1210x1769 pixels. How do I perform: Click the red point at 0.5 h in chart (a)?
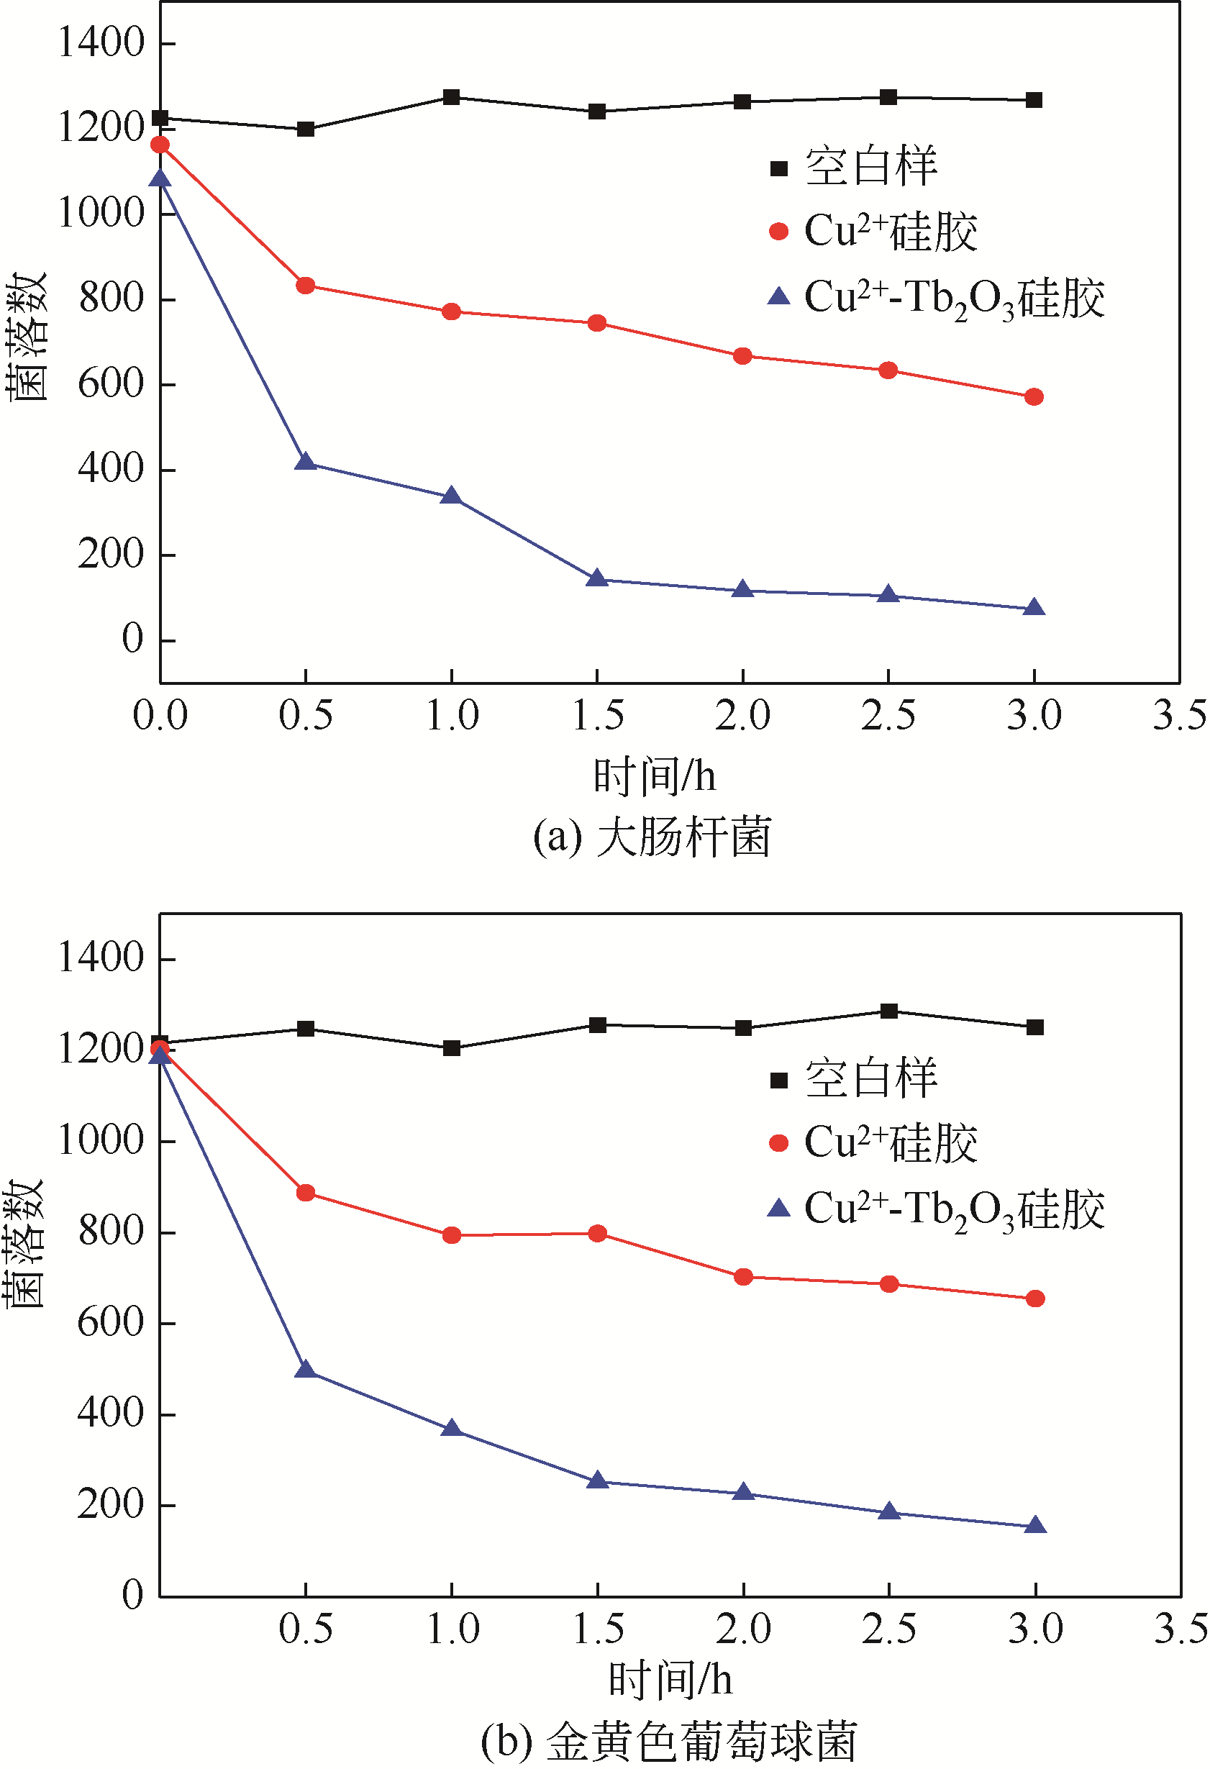(x=305, y=286)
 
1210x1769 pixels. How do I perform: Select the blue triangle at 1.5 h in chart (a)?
(x=597, y=579)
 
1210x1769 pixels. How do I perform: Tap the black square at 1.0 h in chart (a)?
(x=451, y=96)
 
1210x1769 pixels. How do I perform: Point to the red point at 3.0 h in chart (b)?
(x=1035, y=1299)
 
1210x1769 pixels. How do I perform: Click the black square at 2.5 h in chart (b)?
(x=889, y=1011)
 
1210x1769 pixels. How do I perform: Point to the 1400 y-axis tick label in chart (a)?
(x=101, y=42)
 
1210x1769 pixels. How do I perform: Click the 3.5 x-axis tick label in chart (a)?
(x=1179, y=717)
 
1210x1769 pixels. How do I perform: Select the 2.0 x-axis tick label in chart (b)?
(x=742, y=1629)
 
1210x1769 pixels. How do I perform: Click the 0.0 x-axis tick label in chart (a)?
(x=160, y=717)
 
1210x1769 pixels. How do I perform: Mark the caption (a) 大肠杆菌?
(x=652, y=837)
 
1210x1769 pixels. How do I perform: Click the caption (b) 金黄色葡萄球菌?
(x=669, y=1742)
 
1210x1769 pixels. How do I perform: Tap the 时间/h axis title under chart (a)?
(x=655, y=776)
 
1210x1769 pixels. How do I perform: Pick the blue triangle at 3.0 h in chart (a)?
(x=1034, y=607)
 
